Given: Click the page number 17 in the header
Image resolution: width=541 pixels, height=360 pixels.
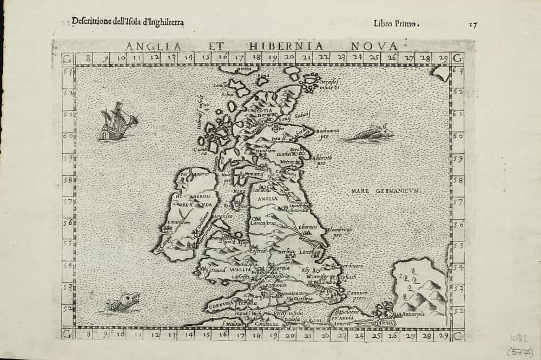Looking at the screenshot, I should tap(473, 24).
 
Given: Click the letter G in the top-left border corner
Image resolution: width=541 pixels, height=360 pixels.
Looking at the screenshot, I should tap(67, 58).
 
